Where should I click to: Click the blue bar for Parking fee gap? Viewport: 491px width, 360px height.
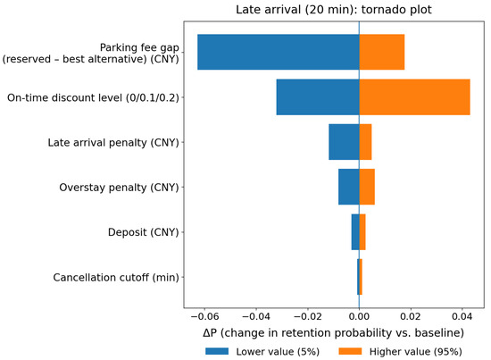pos(278,52)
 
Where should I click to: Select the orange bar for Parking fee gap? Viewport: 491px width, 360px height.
pos(382,52)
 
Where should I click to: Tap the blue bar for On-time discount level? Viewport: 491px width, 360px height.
pos(318,97)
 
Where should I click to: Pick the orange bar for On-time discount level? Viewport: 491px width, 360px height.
pos(414,97)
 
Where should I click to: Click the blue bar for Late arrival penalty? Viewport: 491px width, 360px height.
pos(344,142)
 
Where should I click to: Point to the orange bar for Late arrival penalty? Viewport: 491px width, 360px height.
pos(365,142)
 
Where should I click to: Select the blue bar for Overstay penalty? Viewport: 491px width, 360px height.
pos(348,187)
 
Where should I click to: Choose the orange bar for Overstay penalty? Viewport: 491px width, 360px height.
pos(367,187)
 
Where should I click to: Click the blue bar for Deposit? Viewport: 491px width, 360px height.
pos(355,232)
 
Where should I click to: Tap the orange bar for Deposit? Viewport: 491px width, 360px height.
pos(362,232)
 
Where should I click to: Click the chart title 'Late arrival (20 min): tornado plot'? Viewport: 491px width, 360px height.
pos(334,10)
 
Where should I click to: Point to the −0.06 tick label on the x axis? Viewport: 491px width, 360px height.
pos(204,316)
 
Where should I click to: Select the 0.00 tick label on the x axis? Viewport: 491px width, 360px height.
pos(359,316)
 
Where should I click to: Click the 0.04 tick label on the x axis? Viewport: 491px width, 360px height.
pos(462,316)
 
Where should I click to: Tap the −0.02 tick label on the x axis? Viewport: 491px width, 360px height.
pos(307,316)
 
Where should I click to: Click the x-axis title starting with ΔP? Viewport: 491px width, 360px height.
pos(334,332)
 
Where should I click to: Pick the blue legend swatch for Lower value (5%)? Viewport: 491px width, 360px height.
pos(217,351)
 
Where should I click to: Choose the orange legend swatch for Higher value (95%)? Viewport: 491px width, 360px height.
pos(351,351)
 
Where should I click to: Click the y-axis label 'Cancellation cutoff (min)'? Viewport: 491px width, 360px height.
pos(116,277)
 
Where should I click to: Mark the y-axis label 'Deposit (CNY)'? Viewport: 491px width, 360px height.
pos(144,232)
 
